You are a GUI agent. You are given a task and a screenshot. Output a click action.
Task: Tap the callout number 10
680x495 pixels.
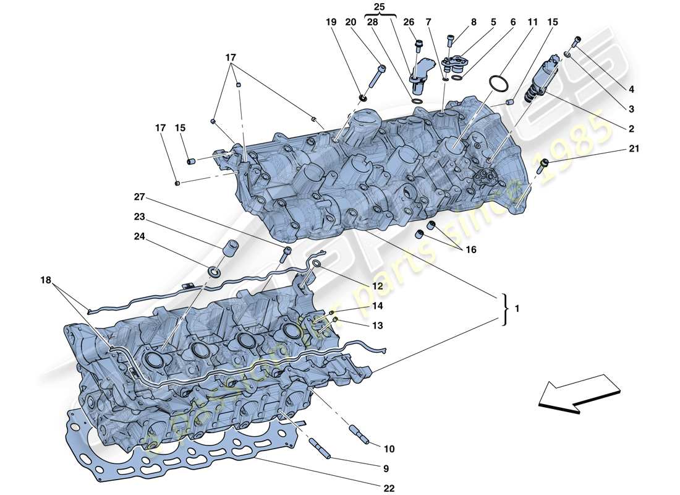[x=388, y=449]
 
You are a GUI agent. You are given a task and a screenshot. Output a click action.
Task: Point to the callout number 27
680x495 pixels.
[x=140, y=197]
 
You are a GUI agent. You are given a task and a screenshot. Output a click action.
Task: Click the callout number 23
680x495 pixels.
[x=140, y=217]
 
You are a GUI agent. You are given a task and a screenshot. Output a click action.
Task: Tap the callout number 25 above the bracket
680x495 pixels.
[x=379, y=7]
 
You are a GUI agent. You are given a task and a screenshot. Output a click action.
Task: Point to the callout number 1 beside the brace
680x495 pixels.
[x=516, y=307]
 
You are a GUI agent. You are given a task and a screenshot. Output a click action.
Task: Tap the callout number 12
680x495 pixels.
[x=378, y=286]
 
